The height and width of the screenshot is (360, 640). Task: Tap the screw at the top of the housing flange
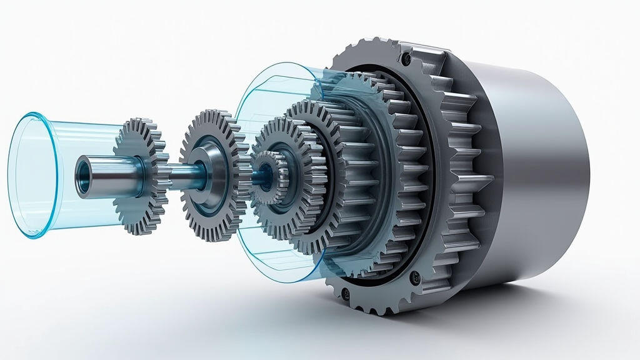407,59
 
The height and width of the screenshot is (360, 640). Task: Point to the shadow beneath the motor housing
500,306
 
